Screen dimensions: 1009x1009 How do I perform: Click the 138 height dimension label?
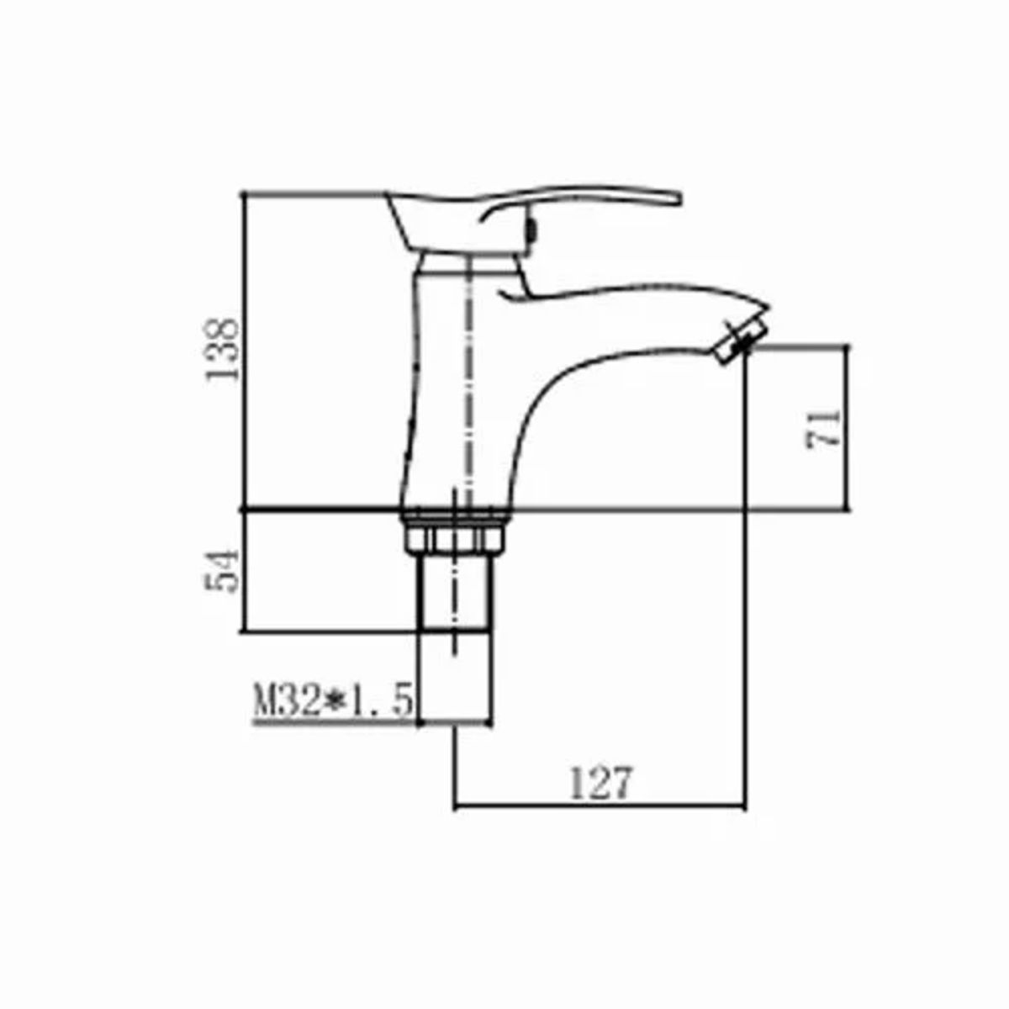[223, 349]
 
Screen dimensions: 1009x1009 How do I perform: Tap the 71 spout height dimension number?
[822, 428]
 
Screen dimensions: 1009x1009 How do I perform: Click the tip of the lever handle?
[679, 199]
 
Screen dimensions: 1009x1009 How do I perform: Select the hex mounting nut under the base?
[455, 540]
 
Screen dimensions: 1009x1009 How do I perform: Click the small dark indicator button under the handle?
[532, 232]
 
